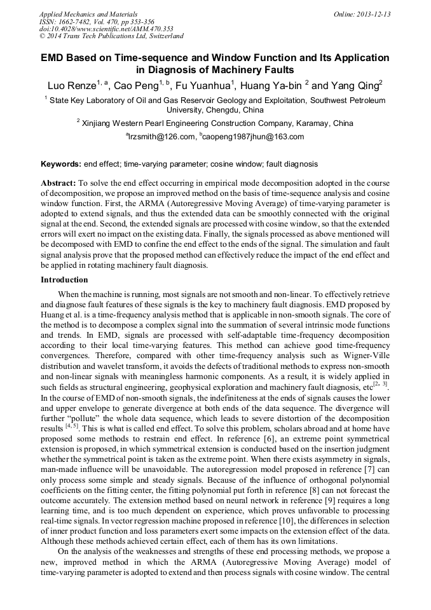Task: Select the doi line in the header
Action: (106, 29)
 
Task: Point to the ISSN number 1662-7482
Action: (78, 21)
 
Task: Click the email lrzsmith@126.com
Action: (161, 137)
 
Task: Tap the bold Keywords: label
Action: (62, 164)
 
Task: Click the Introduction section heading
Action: (64, 280)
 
